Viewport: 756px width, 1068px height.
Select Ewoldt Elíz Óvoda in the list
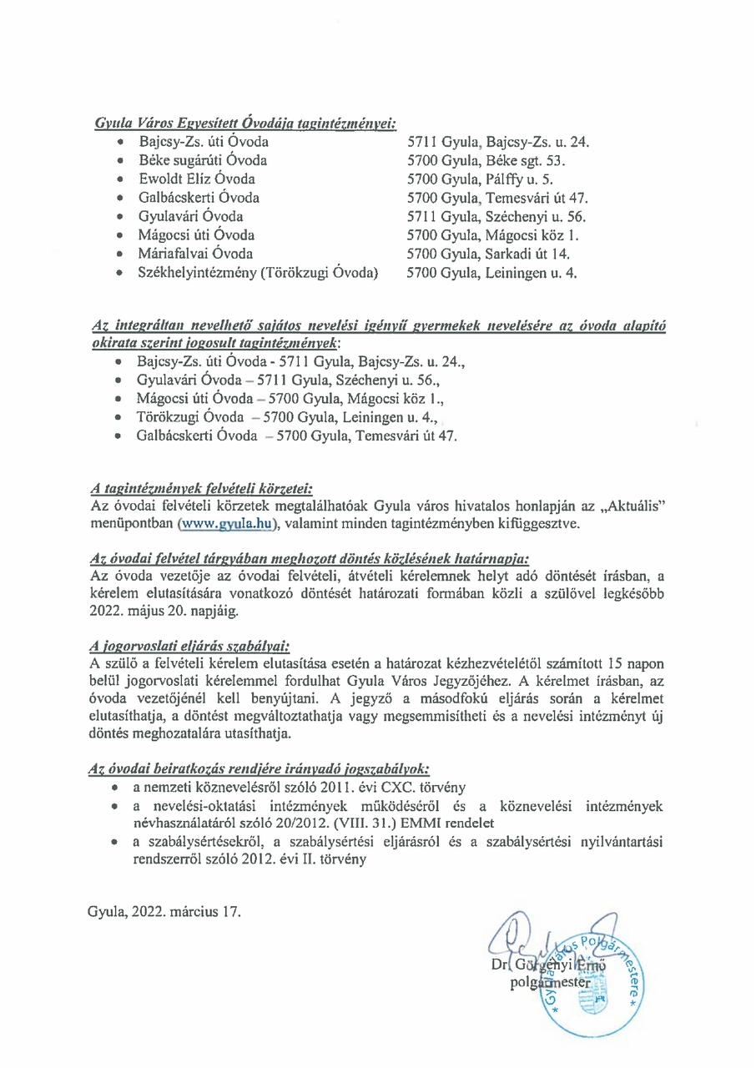click(x=197, y=179)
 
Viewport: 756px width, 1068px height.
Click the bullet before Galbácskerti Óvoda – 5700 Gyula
click(x=122, y=436)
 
